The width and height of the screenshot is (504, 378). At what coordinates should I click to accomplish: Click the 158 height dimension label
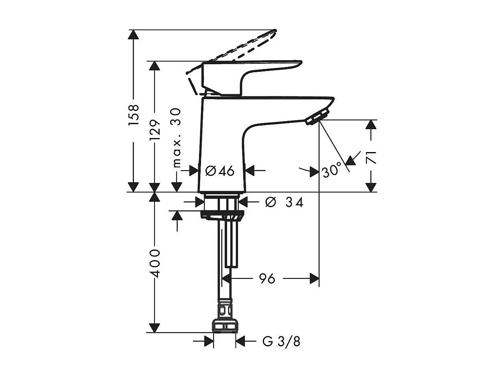click(134, 115)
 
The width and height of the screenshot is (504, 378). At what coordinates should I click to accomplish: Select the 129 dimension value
click(155, 130)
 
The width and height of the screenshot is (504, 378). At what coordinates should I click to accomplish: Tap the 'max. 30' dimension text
click(177, 138)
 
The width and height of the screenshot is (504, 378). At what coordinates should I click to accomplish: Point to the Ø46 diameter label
click(220, 171)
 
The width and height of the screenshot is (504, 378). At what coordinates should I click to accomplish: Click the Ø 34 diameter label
click(284, 202)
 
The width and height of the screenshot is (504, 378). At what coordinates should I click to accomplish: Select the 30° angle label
click(331, 171)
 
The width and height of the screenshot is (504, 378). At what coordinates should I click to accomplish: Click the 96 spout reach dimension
click(267, 278)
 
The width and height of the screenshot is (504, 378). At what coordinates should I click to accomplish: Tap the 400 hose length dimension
click(155, 263)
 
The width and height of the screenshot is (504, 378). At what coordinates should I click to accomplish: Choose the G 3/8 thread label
click(281, 342)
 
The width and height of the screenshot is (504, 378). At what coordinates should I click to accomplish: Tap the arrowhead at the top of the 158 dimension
click(133, 35)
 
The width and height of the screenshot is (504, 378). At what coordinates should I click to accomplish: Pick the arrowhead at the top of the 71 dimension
click(372, 124)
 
